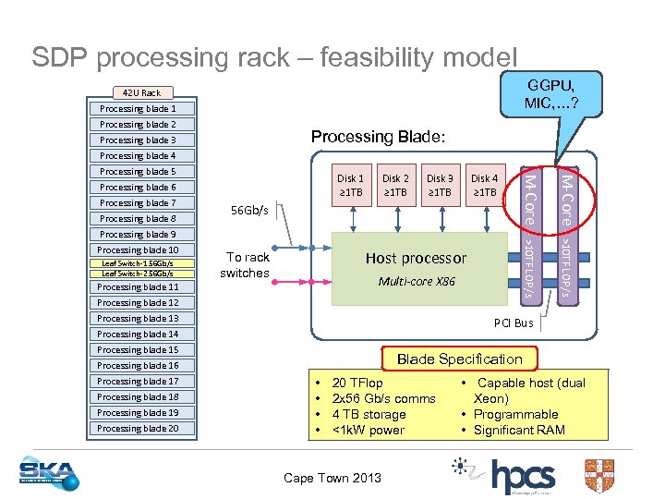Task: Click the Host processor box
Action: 416,269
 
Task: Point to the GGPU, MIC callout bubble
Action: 550,92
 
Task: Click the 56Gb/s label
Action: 248,211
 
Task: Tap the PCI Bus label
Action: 514,323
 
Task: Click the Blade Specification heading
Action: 459,359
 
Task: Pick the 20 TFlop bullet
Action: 357,383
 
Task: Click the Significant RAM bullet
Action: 518,430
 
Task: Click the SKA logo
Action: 49,473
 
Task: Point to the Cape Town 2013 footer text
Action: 332,478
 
